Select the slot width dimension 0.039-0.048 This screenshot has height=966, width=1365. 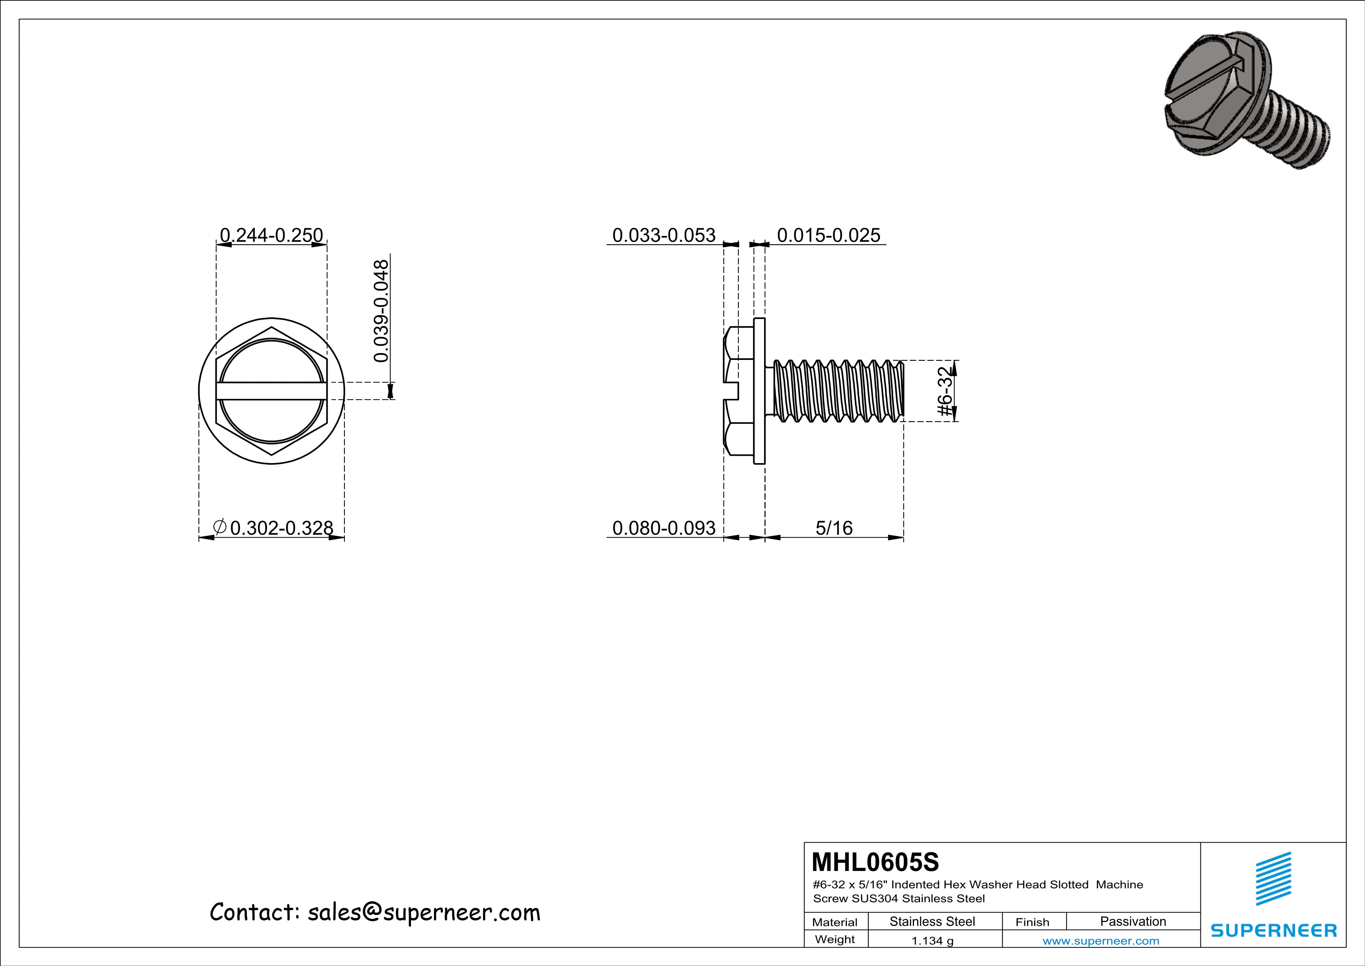(381, 310)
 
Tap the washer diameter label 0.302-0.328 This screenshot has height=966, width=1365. (281, 528)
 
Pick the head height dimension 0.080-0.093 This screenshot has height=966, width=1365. (664, 528)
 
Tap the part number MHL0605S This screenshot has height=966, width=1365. (875, 861)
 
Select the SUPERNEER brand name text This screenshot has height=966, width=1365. (1274, 930)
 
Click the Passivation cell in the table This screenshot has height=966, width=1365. (1133, 921)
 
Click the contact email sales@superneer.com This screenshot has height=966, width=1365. (423, 913)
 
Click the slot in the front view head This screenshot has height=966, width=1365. (271, 391)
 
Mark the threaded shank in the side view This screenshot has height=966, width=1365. (838, 391)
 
